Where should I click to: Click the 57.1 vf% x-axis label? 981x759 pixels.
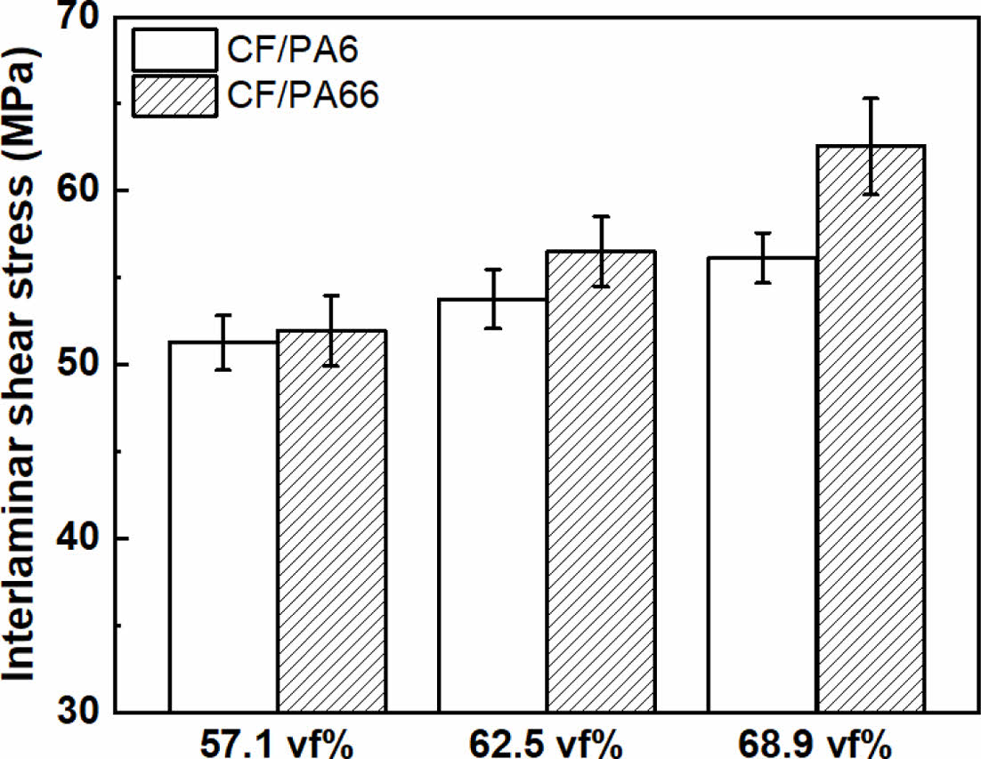pos(277,743)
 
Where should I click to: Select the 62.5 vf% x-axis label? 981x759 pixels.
pos(546,743)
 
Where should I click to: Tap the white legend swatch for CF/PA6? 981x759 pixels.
pos(174,50)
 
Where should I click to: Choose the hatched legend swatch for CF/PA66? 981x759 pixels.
pos(174,96)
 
